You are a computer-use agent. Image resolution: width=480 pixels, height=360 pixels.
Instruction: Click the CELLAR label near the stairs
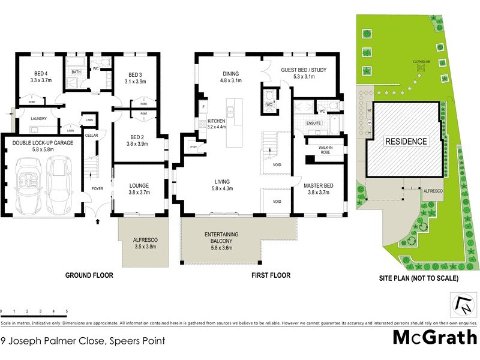tap(91, 136)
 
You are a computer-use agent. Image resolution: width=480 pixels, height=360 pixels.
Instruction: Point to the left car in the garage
tap(28, 185)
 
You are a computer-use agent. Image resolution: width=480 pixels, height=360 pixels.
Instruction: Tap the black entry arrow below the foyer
tap(98, 222)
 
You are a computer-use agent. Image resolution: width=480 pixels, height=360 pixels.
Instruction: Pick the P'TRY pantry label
tap(194, 147)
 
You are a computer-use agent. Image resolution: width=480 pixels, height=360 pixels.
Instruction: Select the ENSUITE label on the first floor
tap(314, 123)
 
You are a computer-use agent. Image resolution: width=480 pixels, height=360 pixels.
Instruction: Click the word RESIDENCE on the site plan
tap(406, 142)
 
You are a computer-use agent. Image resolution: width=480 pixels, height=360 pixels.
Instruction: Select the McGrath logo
tap(434, 337)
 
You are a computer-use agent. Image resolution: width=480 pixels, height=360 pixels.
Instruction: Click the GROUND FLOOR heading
tap(89, 275)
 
